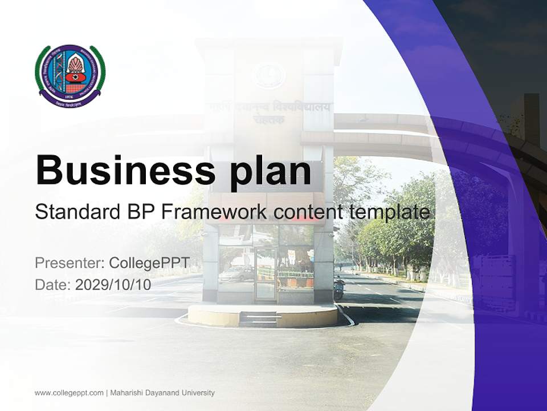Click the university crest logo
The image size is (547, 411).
click(x=70, y=75)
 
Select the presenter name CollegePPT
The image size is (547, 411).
click(x=149, y=263)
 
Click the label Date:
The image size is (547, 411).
click(x=52, y=284)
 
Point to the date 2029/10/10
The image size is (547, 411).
click(x=113, y=284)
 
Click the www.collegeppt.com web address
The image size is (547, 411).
click(x=69, y=393)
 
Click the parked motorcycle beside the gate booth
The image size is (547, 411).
click(x=339, y=288)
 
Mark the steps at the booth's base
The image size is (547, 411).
click(x=259, y=319)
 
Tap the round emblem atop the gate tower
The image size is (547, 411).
click(x=268, y=75)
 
